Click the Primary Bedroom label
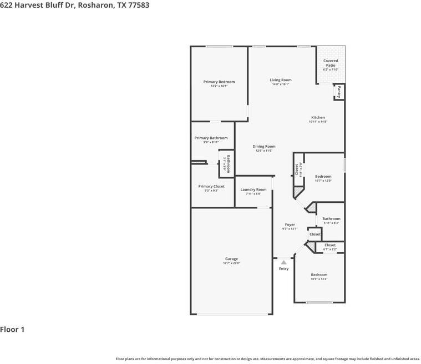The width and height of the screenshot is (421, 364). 219,82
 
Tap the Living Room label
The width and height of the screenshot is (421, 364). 281,80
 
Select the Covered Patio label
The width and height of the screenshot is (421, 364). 331,63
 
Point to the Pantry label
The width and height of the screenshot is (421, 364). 339,92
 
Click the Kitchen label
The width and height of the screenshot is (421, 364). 318,117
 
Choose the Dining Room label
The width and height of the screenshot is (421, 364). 264,146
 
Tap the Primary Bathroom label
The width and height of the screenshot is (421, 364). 211,138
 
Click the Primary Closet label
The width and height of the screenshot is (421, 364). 211,186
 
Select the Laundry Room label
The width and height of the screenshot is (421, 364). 253,190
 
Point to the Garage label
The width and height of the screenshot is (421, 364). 231,259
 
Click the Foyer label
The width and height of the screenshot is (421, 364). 290,225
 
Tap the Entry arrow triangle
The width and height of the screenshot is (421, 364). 284,261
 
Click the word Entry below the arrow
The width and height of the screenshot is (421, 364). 284,269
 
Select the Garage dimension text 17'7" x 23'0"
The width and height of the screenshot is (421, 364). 231,263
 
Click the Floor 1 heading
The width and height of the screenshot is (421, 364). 12,330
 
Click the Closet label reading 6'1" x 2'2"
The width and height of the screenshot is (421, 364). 330,245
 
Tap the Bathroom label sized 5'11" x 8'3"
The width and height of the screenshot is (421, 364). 331,218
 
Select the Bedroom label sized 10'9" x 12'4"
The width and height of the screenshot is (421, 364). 319,275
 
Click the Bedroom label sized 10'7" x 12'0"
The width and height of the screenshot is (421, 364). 323,176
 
